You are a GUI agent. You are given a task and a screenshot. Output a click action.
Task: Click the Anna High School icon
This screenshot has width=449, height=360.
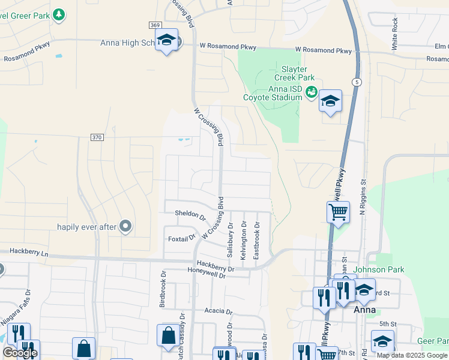(166, 41)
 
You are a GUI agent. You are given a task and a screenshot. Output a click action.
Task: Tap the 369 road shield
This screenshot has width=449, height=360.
(155, 25)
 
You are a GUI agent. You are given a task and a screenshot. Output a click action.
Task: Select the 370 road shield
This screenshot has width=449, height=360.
(97, 137)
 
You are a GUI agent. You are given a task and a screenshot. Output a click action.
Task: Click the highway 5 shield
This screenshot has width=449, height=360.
(357, 82)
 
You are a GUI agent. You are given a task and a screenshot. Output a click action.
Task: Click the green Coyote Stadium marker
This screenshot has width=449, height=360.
(311, 92)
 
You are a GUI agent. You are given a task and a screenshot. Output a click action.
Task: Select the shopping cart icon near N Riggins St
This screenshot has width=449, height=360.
(338, 212)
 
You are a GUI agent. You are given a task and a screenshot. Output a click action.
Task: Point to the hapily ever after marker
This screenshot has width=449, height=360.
(125, 226)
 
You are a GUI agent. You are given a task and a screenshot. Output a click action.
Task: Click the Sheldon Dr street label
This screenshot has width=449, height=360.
(190, 214)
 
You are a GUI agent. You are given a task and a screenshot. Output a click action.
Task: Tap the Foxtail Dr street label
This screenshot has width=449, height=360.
(182, 238)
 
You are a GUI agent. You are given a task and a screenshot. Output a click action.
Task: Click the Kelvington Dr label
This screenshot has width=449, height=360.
(244, 241)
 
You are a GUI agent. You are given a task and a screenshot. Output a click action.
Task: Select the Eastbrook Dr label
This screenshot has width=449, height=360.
(257, 241)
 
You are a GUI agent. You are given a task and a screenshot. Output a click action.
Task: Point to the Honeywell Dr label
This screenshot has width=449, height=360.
(206, 276)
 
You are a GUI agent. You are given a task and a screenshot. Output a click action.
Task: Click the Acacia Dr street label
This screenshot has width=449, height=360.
(218, 311)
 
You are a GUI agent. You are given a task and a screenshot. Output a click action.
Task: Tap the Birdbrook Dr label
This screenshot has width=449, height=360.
(163, 289)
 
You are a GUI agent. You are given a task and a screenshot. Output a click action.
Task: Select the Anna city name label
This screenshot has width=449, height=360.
(364, 310)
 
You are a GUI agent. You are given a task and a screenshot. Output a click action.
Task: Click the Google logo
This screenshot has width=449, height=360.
(20, 353)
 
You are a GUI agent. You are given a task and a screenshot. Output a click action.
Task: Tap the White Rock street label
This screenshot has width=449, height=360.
(394, 33)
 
